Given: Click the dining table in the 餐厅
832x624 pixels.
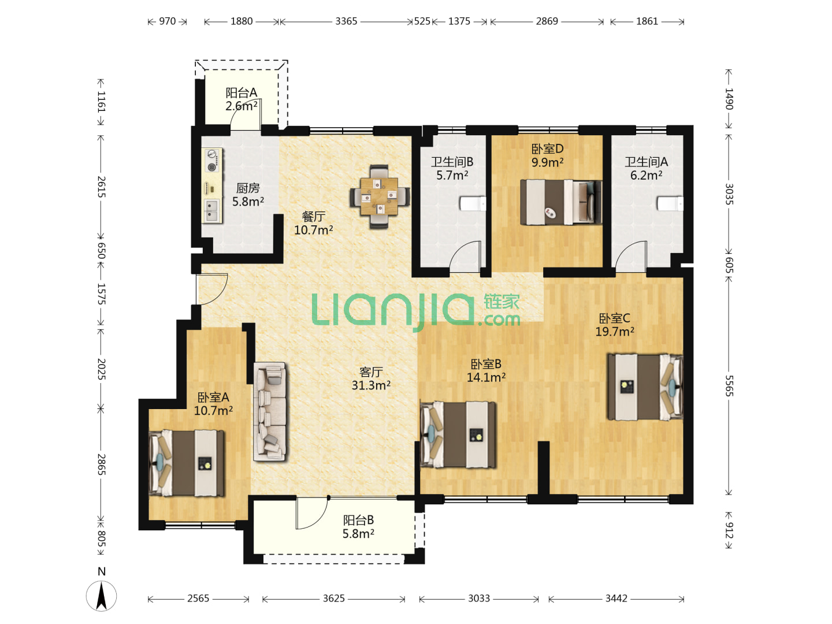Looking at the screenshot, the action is [379, 196].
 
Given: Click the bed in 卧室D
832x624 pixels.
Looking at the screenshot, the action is [561, 202].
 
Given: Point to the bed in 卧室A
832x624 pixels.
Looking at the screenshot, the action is [187, 463].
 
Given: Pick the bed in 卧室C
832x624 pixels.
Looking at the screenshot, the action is [645, 387].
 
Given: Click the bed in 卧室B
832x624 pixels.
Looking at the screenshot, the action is [458, 434].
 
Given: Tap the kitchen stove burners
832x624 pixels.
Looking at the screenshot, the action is [212, 161].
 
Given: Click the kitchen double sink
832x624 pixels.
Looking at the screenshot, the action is [211, 211].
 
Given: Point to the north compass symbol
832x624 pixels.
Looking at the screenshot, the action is [101, 596].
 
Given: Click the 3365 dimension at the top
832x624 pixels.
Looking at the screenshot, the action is [346, 21].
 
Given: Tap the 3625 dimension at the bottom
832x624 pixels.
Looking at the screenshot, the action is [333, 598].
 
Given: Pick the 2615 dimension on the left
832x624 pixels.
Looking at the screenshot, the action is [101, 187].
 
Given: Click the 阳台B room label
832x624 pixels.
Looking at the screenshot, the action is [358, 520].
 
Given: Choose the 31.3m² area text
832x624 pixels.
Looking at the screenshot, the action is [371, 385].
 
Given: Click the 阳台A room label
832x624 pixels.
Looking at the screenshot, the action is [242, 92].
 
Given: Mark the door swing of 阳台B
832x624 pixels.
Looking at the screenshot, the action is [311, 514].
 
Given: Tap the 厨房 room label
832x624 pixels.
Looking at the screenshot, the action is [248, 188].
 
